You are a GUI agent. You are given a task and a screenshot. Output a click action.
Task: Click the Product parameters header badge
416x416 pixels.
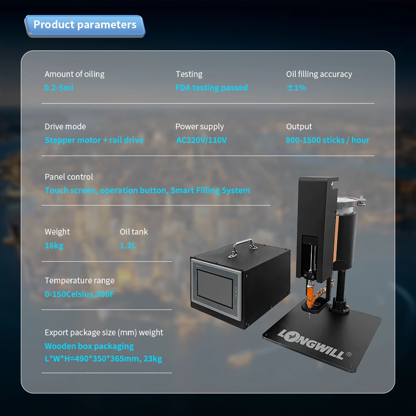point(85,25)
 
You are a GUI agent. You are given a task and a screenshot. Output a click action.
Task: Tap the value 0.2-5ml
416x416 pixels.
point(59,88)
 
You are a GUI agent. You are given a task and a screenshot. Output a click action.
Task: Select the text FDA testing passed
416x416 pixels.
point(211,88)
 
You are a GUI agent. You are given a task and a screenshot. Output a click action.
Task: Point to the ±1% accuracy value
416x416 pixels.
point(296,88)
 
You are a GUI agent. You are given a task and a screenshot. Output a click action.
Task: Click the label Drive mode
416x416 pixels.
point(65,126)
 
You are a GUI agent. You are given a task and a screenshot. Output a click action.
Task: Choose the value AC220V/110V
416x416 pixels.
point(202,140)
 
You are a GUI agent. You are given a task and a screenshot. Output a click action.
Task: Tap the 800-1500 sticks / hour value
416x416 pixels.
point(327,140)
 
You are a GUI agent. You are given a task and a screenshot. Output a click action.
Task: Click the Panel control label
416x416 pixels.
point(69,177)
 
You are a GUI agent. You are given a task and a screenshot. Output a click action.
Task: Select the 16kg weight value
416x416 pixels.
point(54,245)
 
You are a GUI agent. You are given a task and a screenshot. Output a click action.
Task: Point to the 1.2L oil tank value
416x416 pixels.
point(128,245)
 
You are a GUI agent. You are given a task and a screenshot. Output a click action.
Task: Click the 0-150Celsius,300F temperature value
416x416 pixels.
point(79,295)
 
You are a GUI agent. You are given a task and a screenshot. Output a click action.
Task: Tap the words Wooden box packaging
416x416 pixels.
point(89,346)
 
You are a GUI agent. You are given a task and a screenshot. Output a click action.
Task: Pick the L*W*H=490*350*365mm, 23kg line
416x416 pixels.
point(103,359)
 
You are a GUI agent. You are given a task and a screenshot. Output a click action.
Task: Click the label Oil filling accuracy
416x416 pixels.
point(319,74)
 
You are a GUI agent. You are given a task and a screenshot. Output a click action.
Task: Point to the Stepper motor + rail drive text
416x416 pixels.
point(94,140)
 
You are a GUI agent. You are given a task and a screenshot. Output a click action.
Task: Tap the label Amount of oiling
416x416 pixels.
point(74,74)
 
